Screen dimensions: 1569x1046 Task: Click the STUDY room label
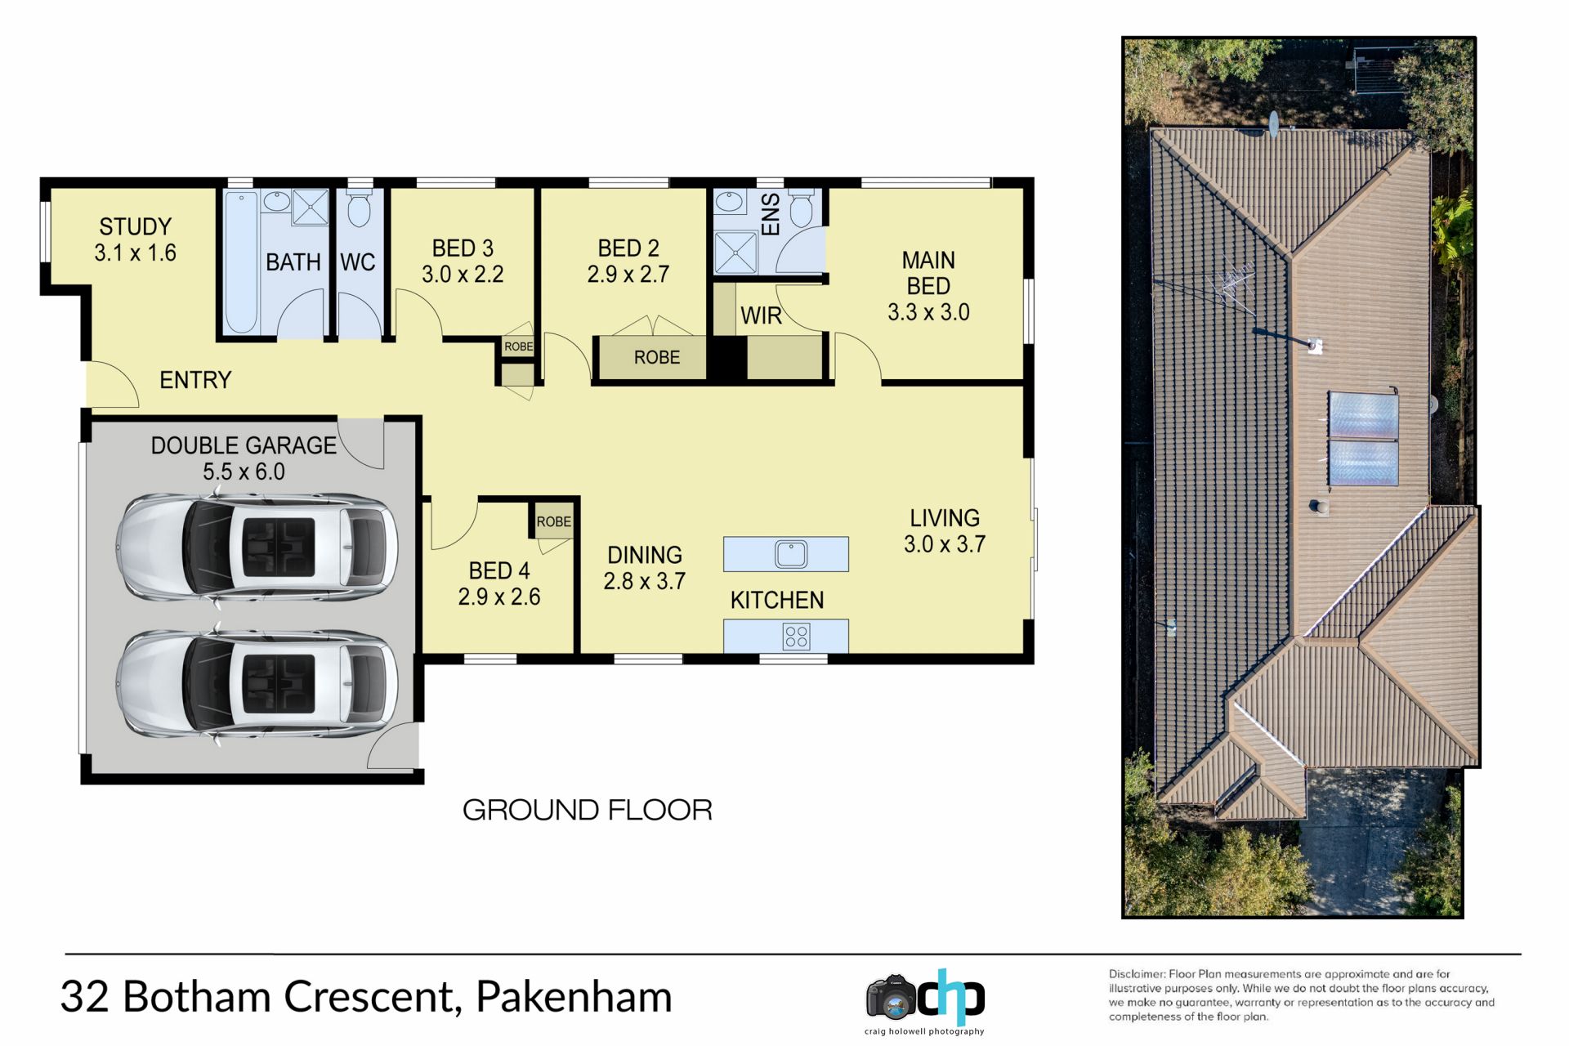coord(136,226)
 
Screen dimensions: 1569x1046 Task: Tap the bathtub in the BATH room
coord(241,262)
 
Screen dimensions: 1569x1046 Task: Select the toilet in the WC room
coord(359,209)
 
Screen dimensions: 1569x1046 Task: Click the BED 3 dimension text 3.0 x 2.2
coord(463,274)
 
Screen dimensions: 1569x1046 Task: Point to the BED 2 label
coord(628,248)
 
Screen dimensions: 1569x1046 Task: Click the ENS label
coord(771,214)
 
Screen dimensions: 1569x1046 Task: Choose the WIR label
coord(761,315)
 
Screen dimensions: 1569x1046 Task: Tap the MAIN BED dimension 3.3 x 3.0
coord(928,312)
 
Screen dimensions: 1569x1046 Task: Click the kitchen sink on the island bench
coord(790,554)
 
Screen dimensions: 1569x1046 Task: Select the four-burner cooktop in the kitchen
coord(796,637)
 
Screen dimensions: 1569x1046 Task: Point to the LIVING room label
coord(945,518)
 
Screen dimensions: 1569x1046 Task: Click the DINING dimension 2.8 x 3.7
coord(645,581)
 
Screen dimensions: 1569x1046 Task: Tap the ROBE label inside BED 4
coord(554,521)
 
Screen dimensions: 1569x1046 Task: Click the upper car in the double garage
coord(257,546)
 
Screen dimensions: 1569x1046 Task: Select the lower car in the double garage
coord(257,684)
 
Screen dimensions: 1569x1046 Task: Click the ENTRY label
coord(195,380)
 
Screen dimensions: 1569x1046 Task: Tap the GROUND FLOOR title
coord(588,810)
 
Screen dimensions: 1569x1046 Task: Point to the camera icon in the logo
coord(892,997)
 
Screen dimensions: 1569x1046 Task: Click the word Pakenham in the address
coord(574,997)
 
